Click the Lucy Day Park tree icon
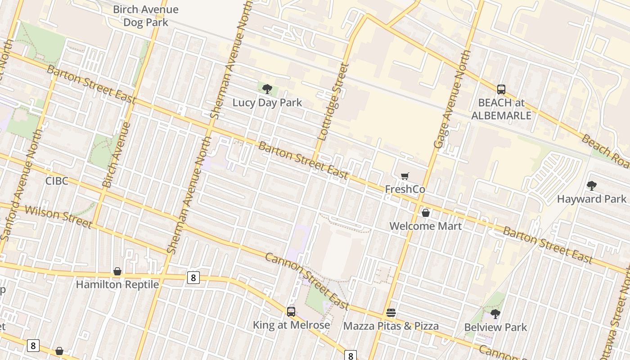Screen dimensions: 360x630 pos(267,89)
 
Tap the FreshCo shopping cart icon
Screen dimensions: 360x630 pos(405,176)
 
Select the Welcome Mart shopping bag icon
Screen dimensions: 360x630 pos(425,213)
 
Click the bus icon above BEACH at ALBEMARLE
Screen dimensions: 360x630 pos(501,90)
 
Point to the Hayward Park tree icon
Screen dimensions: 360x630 pos(592,185)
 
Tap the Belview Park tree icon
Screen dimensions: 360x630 pos(495,314)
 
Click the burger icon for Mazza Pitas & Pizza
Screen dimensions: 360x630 pos(391,312)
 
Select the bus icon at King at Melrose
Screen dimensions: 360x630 pos(291,311)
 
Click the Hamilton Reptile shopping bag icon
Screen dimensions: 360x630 pos(117,271)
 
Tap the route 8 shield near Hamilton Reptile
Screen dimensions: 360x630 pos(193,278)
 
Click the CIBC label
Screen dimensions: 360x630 pos(57,181)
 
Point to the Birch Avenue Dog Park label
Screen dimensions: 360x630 pos(145,16)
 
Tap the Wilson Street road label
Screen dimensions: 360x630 pos(58,217)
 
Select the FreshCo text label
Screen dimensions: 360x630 pos(405,189)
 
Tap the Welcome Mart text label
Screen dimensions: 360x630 pos(425,226)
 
